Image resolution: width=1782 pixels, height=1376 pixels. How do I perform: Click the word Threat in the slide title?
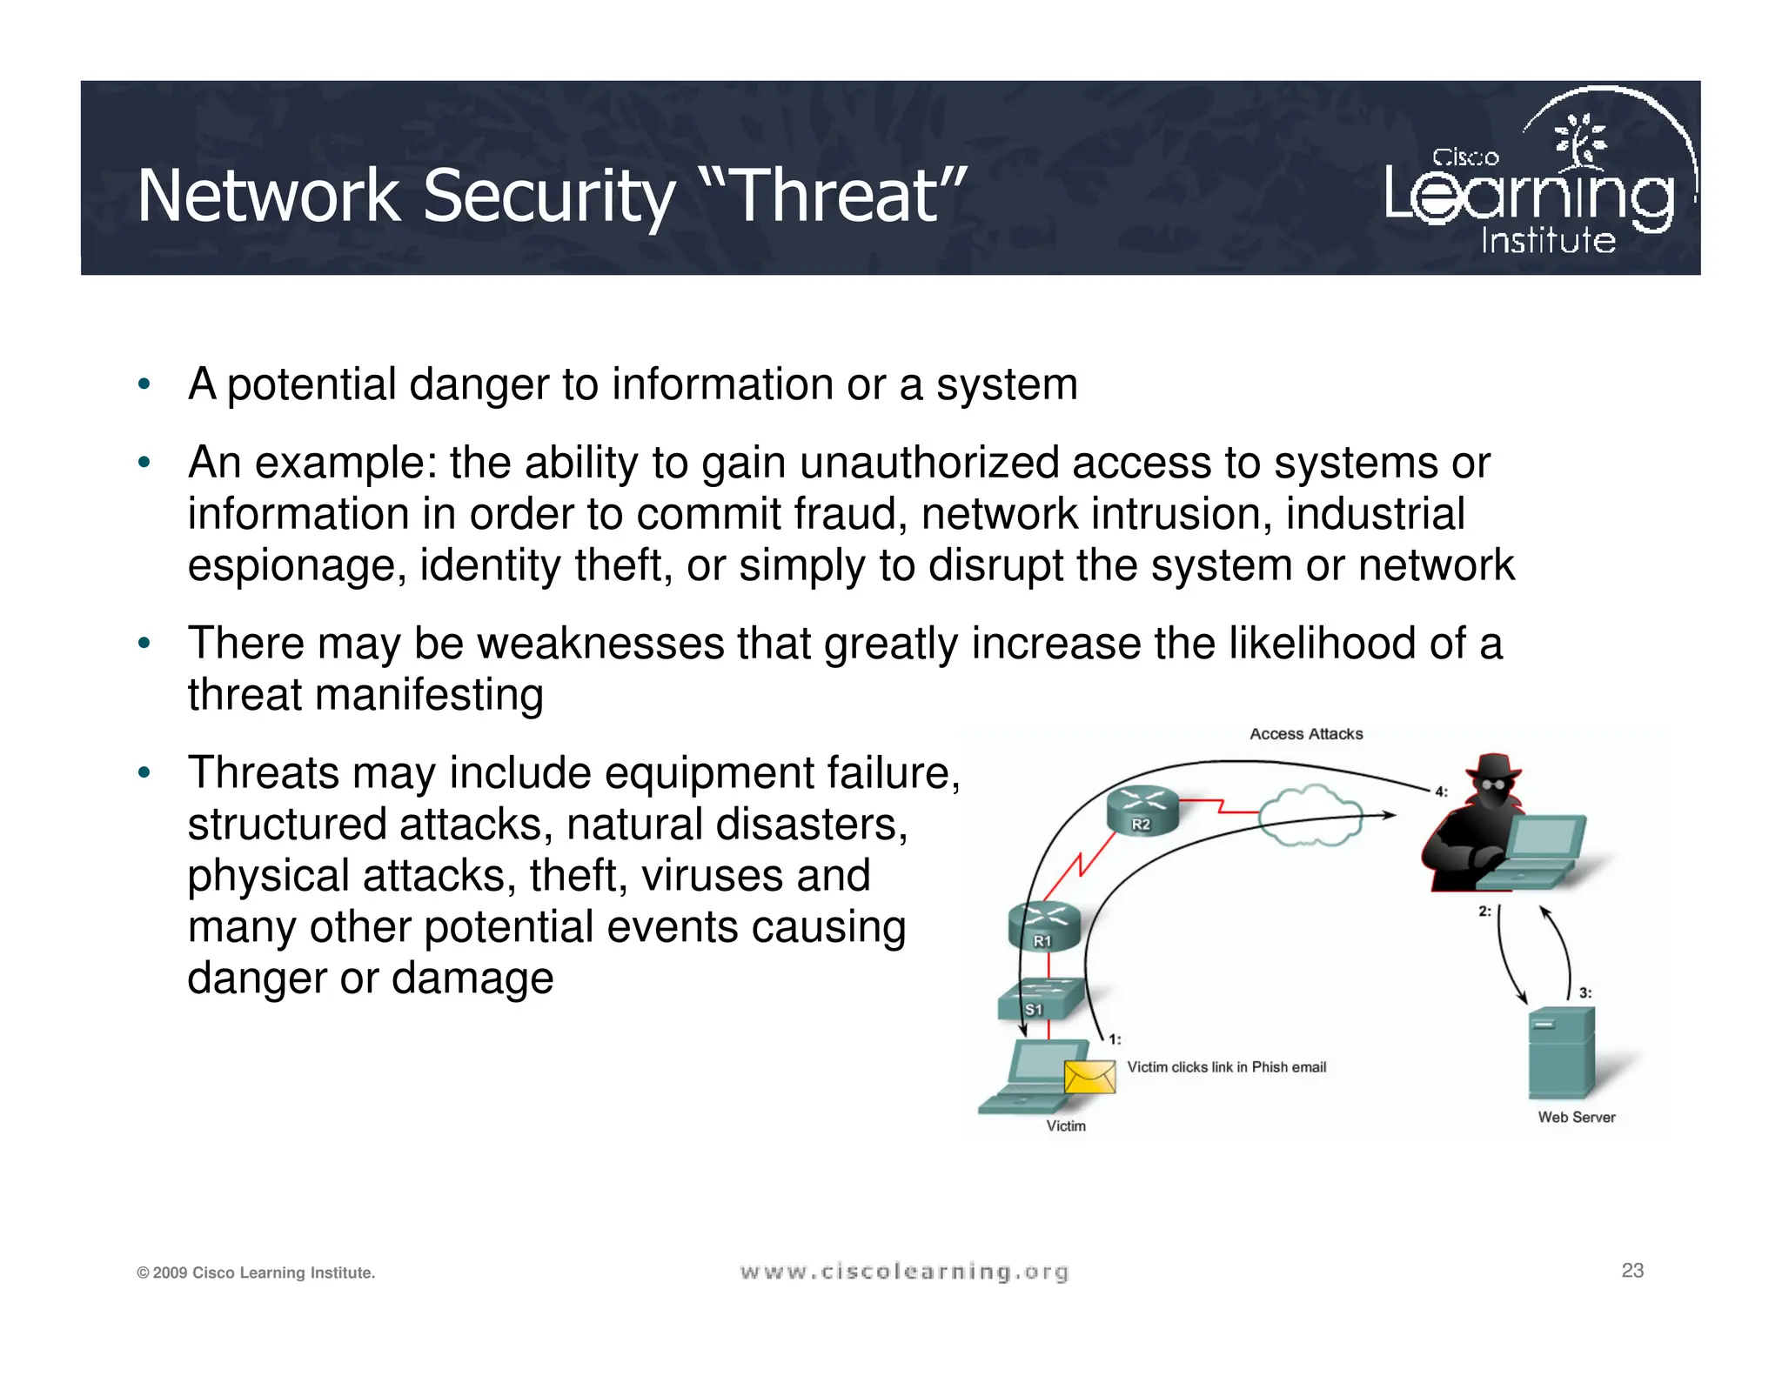(836, 196)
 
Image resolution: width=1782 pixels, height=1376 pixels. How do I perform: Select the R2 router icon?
(1142, 811)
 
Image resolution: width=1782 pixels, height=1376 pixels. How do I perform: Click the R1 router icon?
(1043, 927)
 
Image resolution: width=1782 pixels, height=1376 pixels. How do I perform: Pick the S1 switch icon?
(1041, 999)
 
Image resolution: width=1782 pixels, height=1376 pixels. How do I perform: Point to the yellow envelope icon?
(1089, 1077)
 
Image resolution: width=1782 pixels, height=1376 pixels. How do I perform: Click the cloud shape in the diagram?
(1310, 816)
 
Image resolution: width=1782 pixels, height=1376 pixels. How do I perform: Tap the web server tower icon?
(1561, 1052)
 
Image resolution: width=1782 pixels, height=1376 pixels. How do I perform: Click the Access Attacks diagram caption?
(1306, 734)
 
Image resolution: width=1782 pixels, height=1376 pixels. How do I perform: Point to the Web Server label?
(1576, 1118)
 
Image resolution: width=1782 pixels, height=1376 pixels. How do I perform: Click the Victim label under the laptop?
(1066, 1126)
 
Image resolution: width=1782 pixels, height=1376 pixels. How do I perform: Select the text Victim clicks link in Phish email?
(1226, 1067)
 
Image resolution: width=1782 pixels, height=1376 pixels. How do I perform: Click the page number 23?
(1632, 1271)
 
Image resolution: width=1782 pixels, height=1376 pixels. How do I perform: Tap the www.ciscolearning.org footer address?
(904, 1272)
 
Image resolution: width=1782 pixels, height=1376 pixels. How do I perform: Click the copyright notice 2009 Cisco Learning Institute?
(256, 1273)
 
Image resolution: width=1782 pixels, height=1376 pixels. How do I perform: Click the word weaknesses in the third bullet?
(600, 644)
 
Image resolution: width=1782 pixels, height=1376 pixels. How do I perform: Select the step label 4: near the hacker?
(1441, 792)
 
